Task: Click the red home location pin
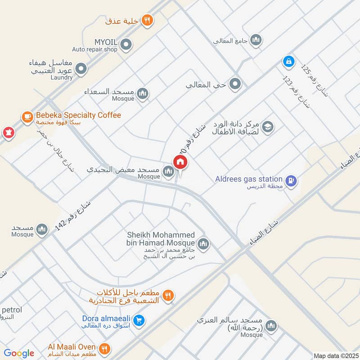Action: point(180,162)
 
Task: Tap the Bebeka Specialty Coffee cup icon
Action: point(27,117)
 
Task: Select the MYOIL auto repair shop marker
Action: point(126,44)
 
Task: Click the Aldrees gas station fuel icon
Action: point(292,181)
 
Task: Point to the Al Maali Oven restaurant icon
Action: point(104,348)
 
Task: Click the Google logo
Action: point(19,353)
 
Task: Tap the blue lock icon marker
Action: point(288,61)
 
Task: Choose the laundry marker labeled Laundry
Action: point(81,69)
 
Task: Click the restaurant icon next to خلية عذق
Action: point(147,20)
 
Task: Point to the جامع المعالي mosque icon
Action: point(256,40)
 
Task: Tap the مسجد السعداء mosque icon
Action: point(143,94)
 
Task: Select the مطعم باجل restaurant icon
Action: point(168,296)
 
